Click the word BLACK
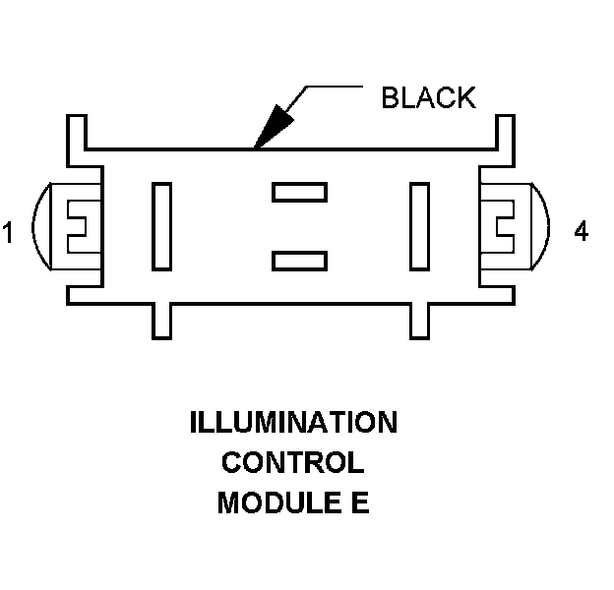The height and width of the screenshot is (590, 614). (x=428, y=97)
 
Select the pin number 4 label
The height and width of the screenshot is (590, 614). (x=581, y=232)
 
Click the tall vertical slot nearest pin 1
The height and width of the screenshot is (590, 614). (x=161, y=225)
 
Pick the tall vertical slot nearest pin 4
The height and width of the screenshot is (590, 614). (x=420, y=225)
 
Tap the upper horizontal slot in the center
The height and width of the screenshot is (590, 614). (x=299, y=192)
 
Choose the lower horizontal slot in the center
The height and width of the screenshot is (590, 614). (x=299, y=260)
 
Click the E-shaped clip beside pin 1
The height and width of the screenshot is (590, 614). (x=76, y=226)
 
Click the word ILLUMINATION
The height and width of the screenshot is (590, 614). (x=293, y=424)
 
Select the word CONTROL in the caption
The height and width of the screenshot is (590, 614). (x=292, y=463)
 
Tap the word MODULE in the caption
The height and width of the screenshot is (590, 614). (x=266, y=502)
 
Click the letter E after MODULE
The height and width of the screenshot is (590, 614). (x=359, y=502)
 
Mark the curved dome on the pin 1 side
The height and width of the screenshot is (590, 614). (x=39, y=226)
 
